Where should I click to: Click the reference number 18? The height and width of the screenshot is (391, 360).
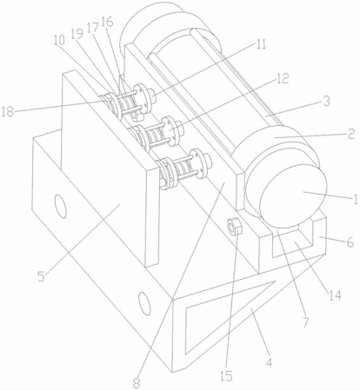pyautogui.click(x=8, y=111)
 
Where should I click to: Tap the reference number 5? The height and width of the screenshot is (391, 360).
pyautogui.click(x=42, y=276)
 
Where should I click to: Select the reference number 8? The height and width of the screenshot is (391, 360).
pyautogui.click(x=137, y=383)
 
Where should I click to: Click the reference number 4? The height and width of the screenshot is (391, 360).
pyautogui.click(x=270, y=362)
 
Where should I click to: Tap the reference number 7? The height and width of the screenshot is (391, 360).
pyautogui.click(x=306, y=321)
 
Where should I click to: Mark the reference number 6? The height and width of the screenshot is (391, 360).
pyautogui.click(x=350, y=242)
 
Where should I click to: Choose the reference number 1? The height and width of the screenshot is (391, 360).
pyautogui.click(x=355, y=199)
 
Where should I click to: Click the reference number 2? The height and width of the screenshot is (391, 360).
pyautogui.click(x=350, y=134)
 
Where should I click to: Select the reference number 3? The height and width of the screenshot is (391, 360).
pyautogui.click(x=326, y=101)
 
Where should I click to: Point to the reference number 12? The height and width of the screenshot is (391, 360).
pyautogui.click(x=283, y=78)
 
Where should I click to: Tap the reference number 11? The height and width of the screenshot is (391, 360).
pyautogui.click(x=261, y=44)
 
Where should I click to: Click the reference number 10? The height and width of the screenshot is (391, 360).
pyautogui.click(x=59, y=41)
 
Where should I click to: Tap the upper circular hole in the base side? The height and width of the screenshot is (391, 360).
pyautogui.click(x=60, y=206)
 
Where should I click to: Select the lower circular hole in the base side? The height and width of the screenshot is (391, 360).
pyautogui.click(x=144, y=303)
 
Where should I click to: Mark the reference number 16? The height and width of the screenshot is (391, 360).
pyautogui.click(x=107, y=22)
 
